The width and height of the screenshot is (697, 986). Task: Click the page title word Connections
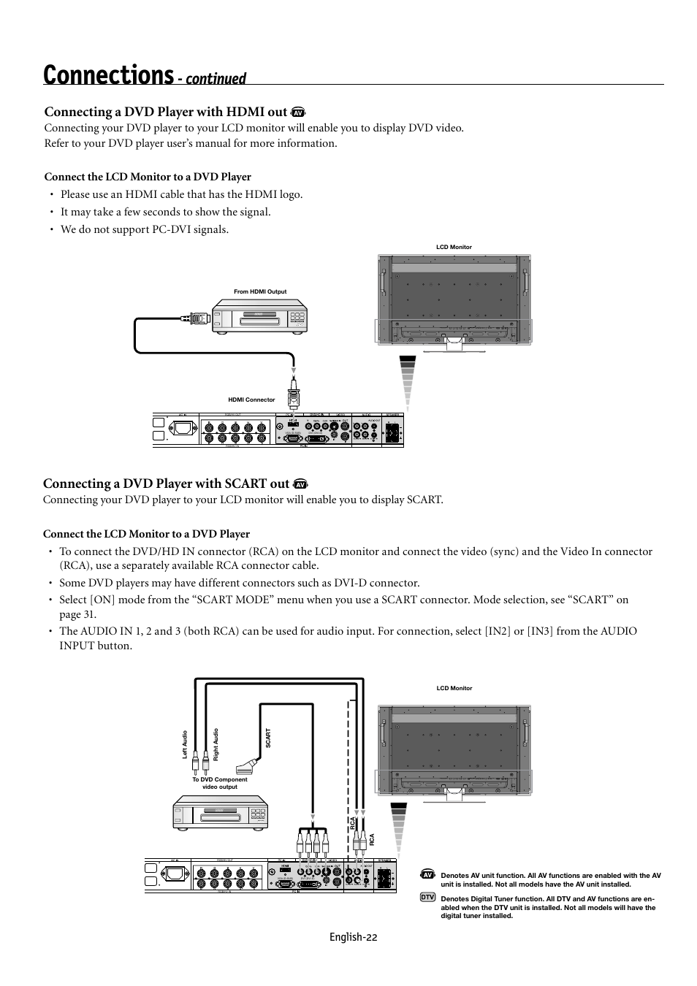[x=108, y=74]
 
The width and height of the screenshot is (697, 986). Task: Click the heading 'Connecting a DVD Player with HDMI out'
[x=165, y=112]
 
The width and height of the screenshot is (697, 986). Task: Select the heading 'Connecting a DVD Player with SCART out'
[x=166, y=484]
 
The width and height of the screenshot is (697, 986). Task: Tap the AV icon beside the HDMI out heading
[x=297, y=112]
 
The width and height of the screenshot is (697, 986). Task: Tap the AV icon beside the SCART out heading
[x=300, y=484]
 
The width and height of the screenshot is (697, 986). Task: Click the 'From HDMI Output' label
[x=260, y=291]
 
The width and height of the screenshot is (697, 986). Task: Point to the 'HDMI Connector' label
[x=251, y=400]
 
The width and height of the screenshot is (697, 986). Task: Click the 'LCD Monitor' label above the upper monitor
[x=454, y=247]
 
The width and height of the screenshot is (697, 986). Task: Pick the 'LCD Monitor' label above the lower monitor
[x=454, y=688]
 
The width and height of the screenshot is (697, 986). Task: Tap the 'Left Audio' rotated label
[x=185, y=744]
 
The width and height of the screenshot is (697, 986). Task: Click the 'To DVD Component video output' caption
[x=220, y=783]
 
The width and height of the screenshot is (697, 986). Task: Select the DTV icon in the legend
[x=427, y=896]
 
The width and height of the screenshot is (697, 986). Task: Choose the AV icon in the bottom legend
[x=427, y=874]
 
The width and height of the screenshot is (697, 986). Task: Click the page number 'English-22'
[x=354, y=937]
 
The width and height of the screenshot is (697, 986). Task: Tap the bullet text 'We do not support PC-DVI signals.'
[x=145, y=229]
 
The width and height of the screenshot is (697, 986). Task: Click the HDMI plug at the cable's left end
[x=197, y=318]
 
